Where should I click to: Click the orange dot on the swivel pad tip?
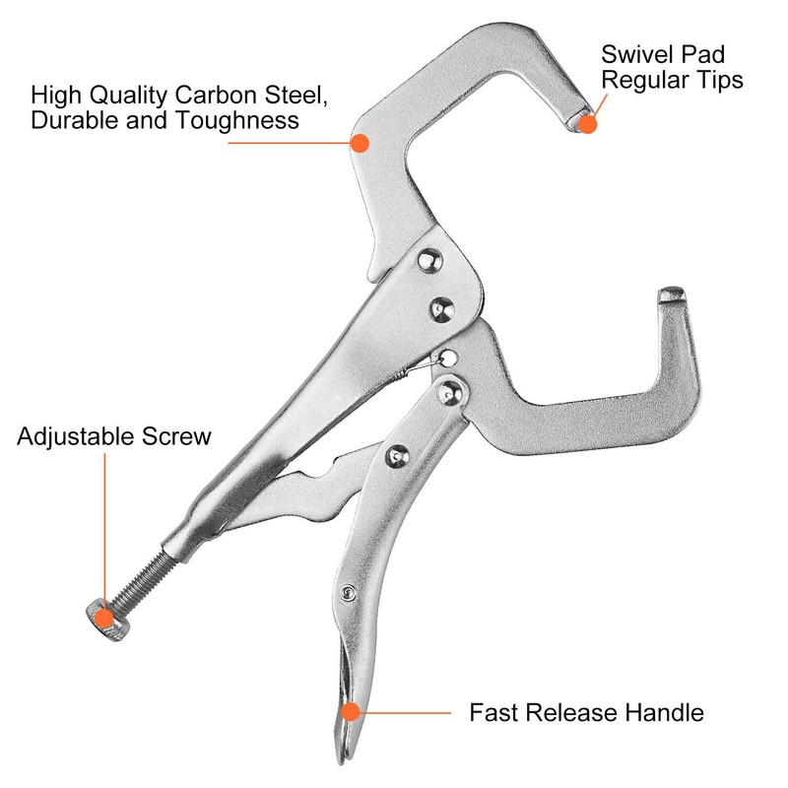(x=589, y=124)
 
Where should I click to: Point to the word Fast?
(x=491, y=712)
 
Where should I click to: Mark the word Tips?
(x=717, y=80)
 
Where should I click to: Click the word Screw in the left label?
(x=178, y=436)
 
